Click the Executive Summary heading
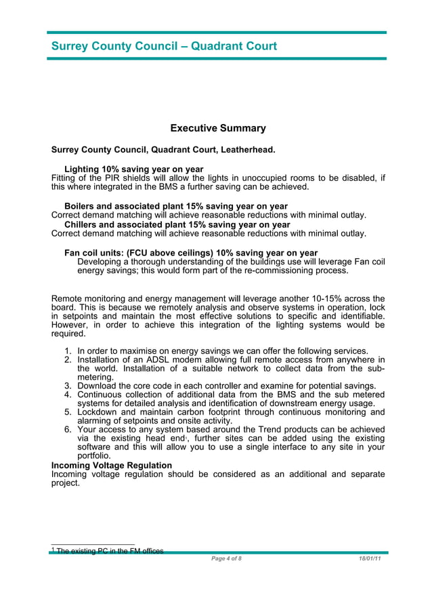point(217,128)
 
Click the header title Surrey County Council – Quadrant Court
point(164,47)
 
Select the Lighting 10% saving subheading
point(133,169)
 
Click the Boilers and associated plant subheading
point(175,206)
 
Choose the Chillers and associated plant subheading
point(177,224)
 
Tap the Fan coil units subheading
point(190,253)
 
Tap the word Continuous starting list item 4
point(101,394)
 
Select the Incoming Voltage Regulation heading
point(112,466)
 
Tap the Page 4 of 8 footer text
point(226,558)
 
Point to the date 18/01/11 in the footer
point(370,558)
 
